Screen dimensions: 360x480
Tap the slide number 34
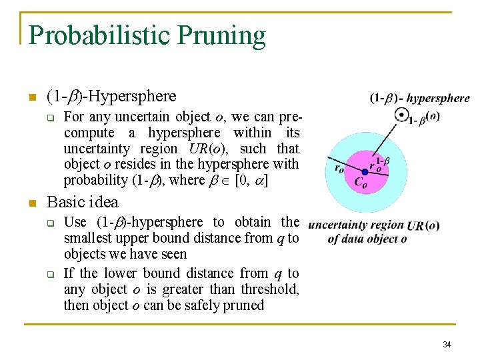pyautogui.click(x=447, y=345)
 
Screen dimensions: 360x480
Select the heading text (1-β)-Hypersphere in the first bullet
pyautogui.click(x=111, y=96)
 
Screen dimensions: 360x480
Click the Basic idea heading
pyautogui.click(x=83, y=202)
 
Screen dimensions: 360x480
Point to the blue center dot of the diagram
pyautogui.click(x=365, y=171)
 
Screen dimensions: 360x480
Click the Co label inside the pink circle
pyautogui.click(x=359, y=181)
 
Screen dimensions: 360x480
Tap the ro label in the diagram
pyautogui.click(x=339, y=169)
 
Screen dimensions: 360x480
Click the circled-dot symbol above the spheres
pyautogui.click(x=401, y=115)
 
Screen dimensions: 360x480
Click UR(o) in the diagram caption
pyautogui.click(x=423, y=225)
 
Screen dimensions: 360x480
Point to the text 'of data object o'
pyautogui.click(x=367, y=239)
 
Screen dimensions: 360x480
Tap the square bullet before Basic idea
pyautogui.click(x=31, y=203)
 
